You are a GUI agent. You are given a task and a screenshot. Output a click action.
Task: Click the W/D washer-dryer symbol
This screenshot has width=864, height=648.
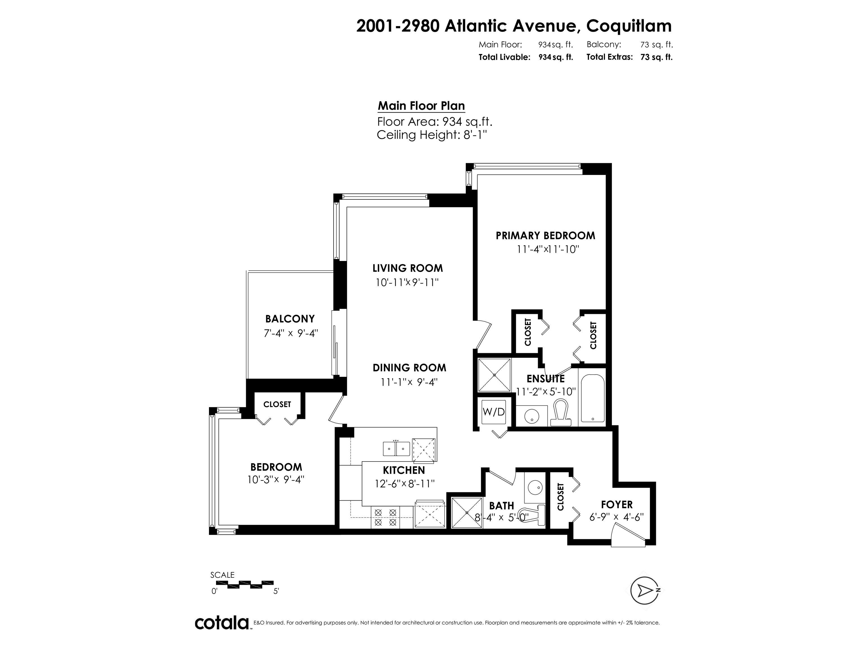pos(494,412)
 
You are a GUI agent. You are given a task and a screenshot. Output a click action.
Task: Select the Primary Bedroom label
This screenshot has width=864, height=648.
pos(545,235)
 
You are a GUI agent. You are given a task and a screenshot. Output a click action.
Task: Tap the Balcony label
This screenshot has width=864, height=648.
pos(290,319)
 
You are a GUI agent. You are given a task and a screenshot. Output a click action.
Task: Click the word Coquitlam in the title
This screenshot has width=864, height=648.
pos(629,26)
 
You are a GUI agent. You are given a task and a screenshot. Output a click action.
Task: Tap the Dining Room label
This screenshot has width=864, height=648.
pos(409,368)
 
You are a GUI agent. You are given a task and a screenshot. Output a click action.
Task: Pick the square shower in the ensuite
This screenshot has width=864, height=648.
pos(494,375)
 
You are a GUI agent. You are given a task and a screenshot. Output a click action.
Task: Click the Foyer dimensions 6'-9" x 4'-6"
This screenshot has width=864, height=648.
pos(616,517)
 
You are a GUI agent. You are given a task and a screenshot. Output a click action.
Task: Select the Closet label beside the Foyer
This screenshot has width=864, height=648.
pos(561,497)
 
